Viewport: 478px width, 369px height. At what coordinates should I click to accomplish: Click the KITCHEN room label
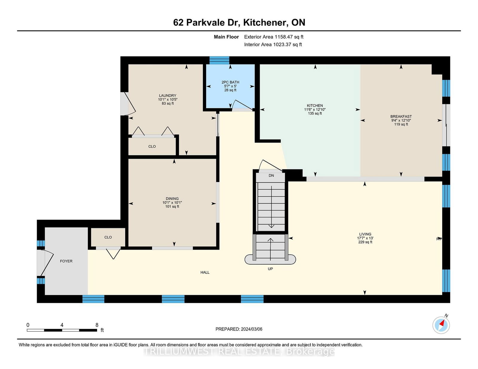[x=315, y=106]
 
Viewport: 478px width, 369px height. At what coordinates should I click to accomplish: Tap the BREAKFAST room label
[x=401, y=117]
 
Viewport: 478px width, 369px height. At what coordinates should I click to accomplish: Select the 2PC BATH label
[x=230, y=82]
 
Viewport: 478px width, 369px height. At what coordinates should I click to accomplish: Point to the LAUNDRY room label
[x=168, y=96]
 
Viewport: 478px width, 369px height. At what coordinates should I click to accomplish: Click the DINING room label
[x=172, y=199]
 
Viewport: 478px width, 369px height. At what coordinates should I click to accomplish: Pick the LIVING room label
[x=365, y=234]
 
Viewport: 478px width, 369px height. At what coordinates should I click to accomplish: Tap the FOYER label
[x=66, y=261]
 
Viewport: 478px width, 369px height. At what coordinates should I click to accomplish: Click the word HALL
[x=205, y=272]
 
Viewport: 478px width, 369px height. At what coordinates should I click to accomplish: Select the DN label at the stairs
[x=271, y=176]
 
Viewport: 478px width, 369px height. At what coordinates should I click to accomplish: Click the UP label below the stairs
[x=270, y=269]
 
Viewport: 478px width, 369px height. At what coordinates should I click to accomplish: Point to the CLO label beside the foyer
[x=108, y=237]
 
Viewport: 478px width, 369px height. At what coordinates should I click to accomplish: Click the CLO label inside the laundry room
[x=152, y=146]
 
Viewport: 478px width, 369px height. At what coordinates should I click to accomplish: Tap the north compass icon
[x=441, y=325]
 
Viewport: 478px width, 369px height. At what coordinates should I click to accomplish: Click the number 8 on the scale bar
[x=97, y=325]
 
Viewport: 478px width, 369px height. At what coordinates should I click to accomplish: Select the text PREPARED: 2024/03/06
[x=239, y=329]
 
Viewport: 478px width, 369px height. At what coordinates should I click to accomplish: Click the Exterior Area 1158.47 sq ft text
[x=274, y=37]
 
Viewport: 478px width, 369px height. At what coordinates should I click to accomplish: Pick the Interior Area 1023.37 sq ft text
[x=273, y=44]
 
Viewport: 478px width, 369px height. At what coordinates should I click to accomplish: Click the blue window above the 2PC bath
[x=219, y=60]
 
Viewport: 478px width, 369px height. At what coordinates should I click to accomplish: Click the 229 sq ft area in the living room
[x=365, y=242]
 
